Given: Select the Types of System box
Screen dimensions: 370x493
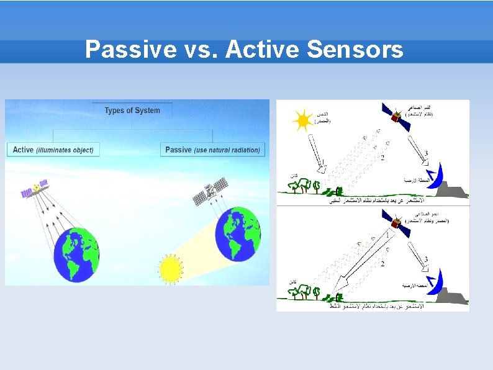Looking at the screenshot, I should tap(132, 111).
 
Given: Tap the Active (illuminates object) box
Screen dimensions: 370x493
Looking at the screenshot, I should tap(53, 150).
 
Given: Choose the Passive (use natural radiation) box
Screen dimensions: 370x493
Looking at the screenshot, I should tap(213, 150).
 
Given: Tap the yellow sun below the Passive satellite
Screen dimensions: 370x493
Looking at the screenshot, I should tap(169, 269).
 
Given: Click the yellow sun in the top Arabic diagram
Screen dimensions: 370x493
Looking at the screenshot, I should tap(303, 120).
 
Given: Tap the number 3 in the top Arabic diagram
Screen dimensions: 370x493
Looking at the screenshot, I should tap(426, 153).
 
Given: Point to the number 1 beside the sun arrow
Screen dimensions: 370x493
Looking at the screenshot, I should tap(323, 163).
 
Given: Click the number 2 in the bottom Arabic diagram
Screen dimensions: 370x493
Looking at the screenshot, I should tap(382, 264).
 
